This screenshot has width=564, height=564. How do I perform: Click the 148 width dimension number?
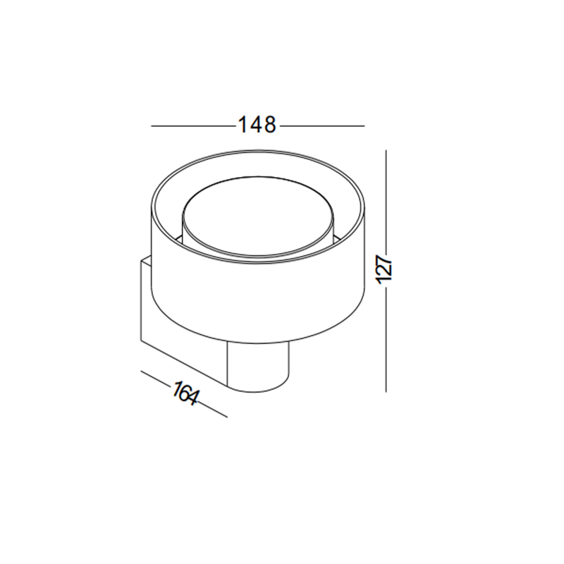(x=256, y=125)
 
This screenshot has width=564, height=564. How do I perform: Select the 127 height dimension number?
(x=386, y=269)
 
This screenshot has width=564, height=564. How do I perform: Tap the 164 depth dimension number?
(x=185, y=393)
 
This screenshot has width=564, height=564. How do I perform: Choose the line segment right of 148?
(x=323, y=126)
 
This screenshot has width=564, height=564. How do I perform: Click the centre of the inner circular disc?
(x=258, y=215)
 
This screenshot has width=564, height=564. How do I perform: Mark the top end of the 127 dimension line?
(x=386, y=149)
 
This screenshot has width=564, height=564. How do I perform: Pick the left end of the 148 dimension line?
(x=153, y=126)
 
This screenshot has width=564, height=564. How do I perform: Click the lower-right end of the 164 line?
(x=227, y=416)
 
